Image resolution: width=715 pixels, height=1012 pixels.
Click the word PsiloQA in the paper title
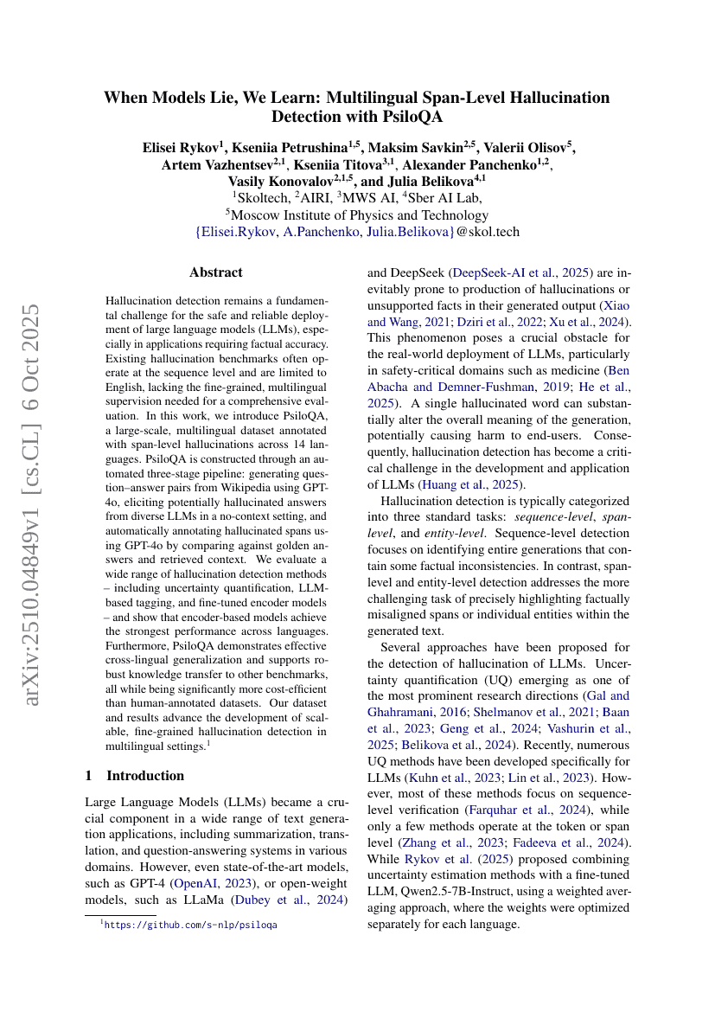(x=413, y=117)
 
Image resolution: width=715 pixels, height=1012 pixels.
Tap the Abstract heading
(x=215, y=272)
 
